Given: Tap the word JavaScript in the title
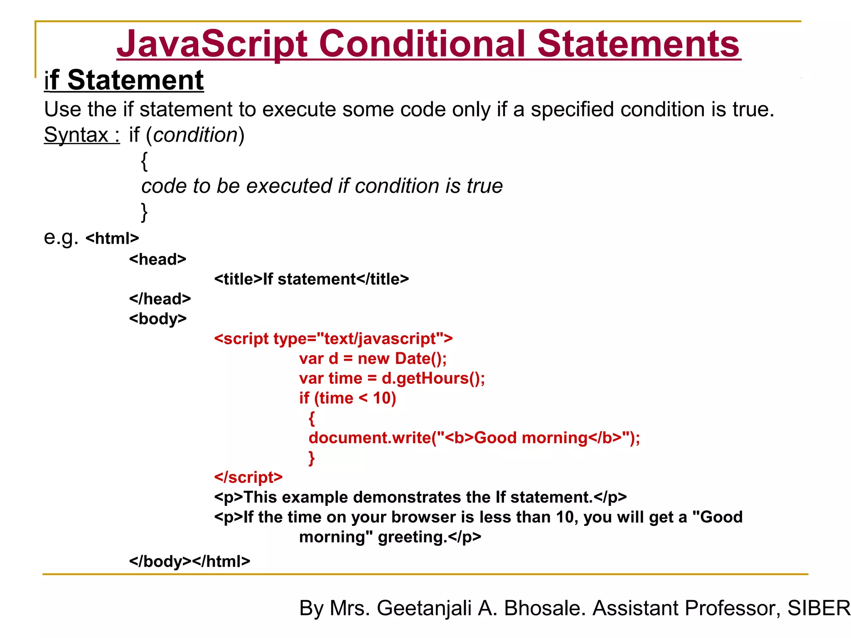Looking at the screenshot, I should [212, 44].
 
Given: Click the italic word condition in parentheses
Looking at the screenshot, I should [195, 135].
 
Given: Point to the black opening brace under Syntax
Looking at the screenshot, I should [144, 161].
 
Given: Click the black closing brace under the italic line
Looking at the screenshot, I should [144, 212].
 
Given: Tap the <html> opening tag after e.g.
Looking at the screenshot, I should [112, 238].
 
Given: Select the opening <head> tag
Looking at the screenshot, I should [157, 259].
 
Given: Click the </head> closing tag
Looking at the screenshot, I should [160, 299].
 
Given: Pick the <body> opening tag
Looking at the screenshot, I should [157, 319].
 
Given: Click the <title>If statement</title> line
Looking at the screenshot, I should [311, 279].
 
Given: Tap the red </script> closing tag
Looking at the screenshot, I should [248, 477].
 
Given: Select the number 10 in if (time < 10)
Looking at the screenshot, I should [381, 398].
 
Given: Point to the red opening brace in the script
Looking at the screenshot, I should [312, 418].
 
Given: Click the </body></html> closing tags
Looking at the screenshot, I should [189, 562].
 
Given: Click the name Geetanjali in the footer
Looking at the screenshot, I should [424, 608].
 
